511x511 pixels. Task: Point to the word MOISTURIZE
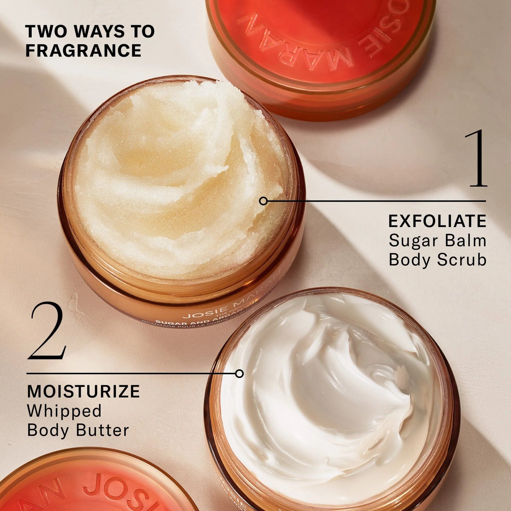click(83, 391)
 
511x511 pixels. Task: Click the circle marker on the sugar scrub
click(263, 201)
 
